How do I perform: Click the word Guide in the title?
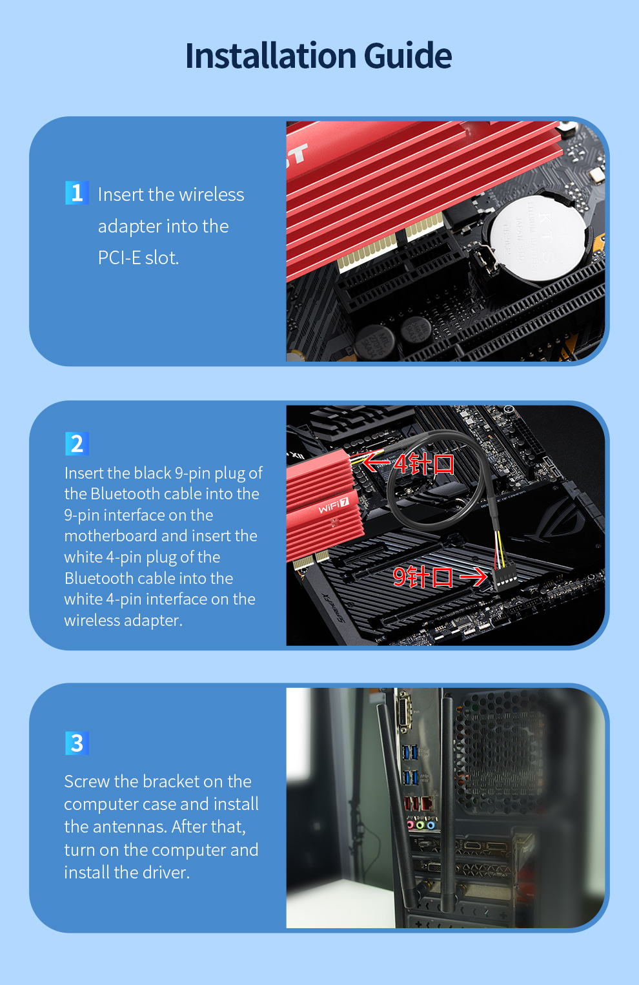pyautogui.click(x=407, y=56)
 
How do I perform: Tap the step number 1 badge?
pyautogui.click(x=77, y=192)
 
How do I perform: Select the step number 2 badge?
pyautogui.click(x=77, y=444)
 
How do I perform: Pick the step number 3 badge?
pyautogui.click(x=77, y=743)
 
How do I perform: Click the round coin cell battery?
pyautogui.click(x=538, y=238)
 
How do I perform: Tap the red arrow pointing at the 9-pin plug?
pyautogui.click(x=473, y=577)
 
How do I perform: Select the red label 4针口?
pyautogui.click(x=423, y=464)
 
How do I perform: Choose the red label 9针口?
pyautogui.click(x=423, y=577)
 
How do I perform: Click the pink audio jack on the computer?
pyautogui.click(x=411, y=824)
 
